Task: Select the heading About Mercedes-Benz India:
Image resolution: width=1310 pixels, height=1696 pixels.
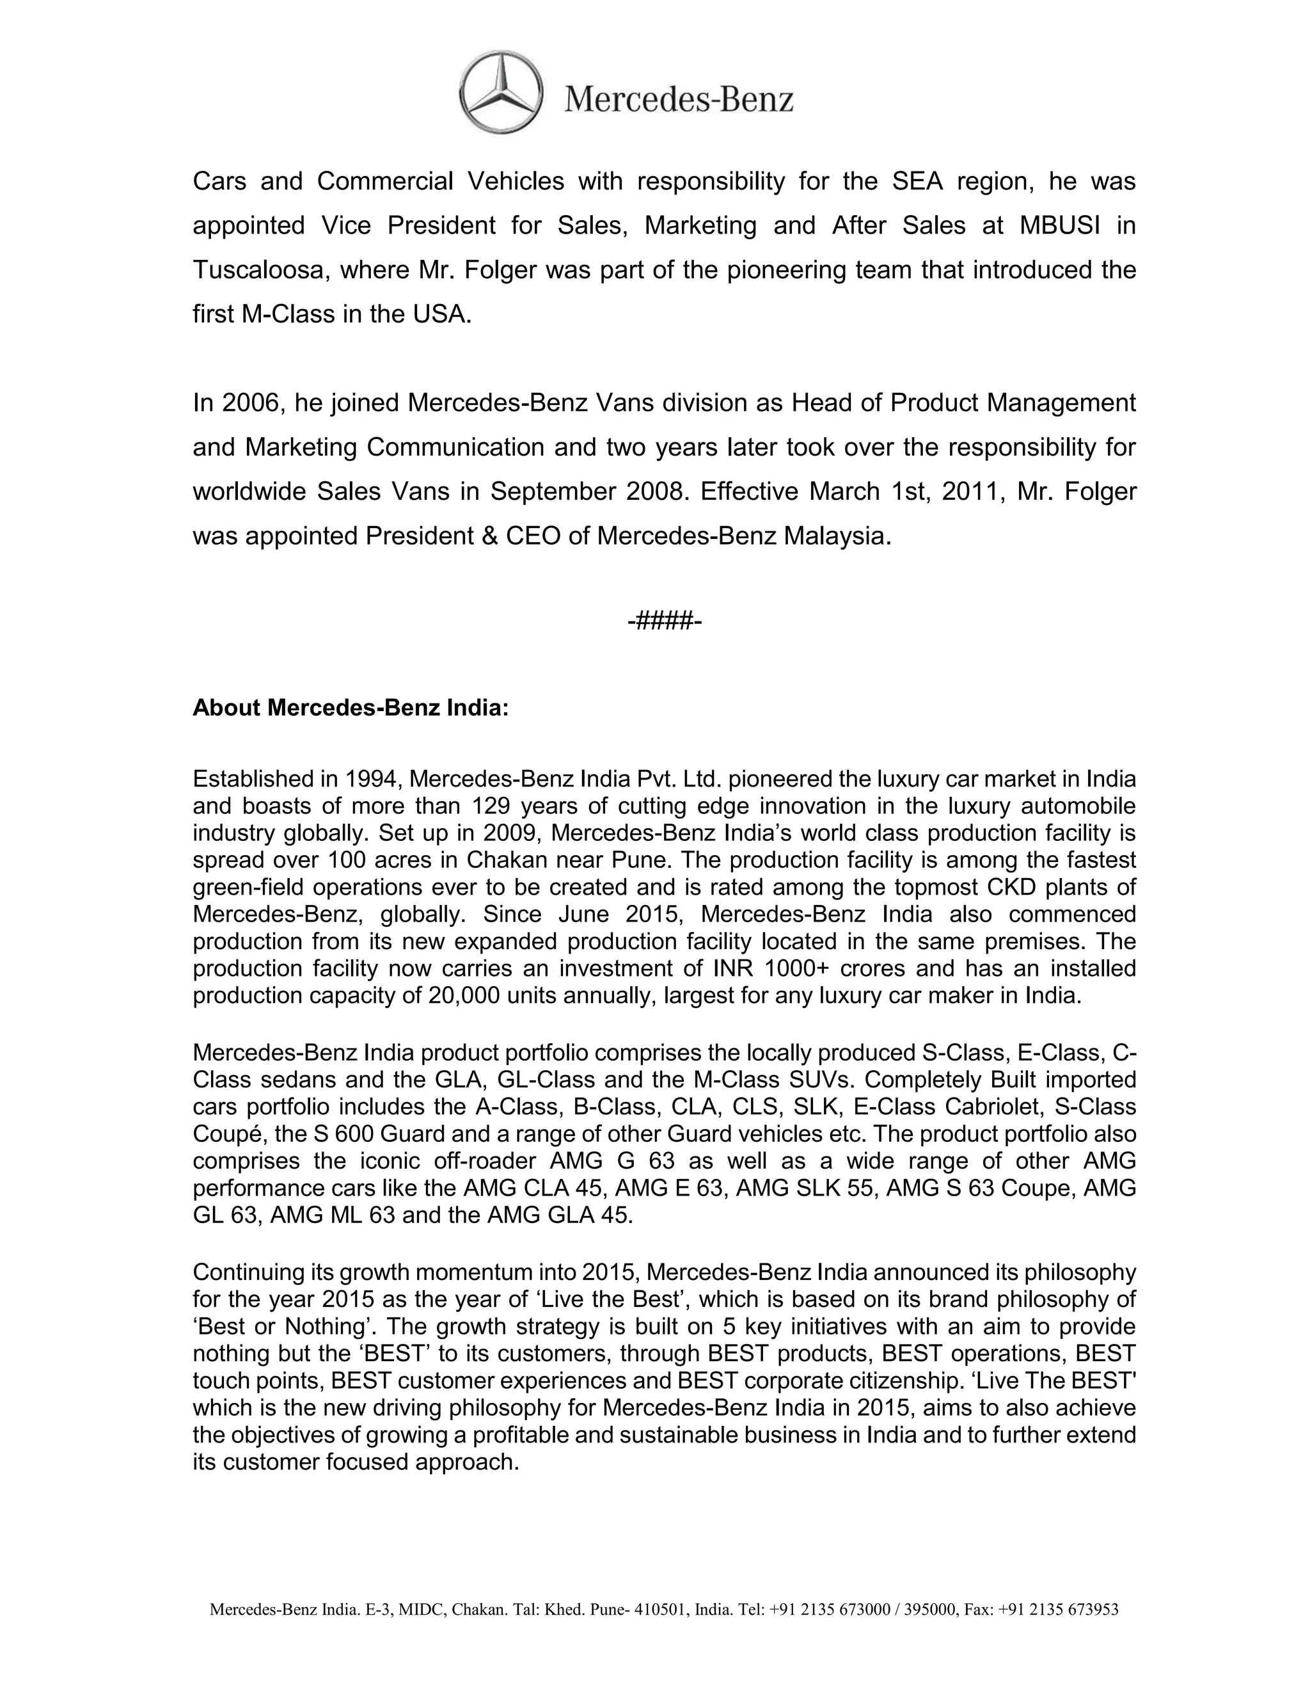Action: coord(350,708)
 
